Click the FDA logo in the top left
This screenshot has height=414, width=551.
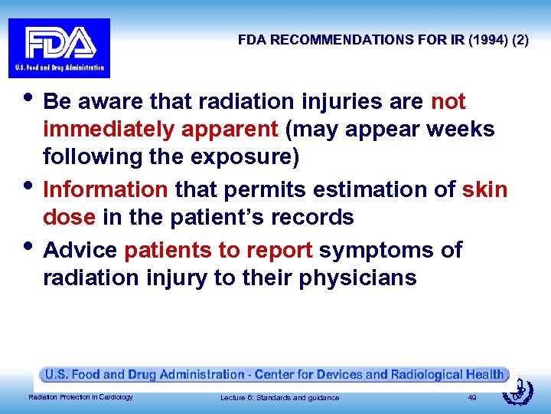(59, 48)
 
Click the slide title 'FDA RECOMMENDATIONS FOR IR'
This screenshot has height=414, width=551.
(344, 40)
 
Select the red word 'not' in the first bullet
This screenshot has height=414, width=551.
(448, 102)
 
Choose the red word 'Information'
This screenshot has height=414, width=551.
(105, 189)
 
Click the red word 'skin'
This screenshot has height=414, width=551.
(484, 189)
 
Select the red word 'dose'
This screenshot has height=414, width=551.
(69, 218)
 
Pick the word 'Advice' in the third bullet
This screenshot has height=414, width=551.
(80, 250)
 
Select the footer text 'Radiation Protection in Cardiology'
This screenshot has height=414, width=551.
(80, 397)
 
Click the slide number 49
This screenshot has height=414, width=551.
(472, 397)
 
